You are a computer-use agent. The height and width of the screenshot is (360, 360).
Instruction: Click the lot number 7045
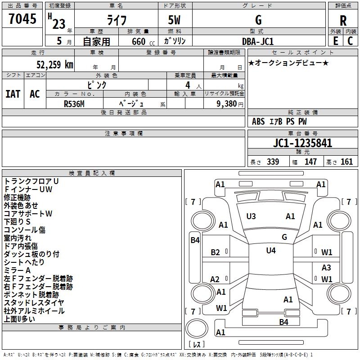click(22, 18)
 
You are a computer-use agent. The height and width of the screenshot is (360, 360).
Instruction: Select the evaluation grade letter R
click(343, 21)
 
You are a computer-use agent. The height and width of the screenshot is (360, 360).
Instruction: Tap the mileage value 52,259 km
click(55, 65)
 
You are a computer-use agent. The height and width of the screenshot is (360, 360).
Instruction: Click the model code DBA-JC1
click(258, 41)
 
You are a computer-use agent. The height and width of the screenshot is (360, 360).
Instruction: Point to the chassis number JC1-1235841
click(302, 143)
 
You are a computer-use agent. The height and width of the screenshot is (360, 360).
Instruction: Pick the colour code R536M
click(74, 104)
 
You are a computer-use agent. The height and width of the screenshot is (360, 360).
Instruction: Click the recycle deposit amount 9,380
click(226, 104)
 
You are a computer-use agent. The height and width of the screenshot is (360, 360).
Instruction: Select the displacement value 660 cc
click(143, 41)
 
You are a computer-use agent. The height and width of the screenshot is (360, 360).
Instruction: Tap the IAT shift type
click(13, 94)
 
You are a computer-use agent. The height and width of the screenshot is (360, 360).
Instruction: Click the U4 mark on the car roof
click(271, 250)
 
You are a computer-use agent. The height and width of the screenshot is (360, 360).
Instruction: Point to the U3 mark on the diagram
click(251, 216)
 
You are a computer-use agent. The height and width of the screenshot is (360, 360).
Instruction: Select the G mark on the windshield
click(284, 237)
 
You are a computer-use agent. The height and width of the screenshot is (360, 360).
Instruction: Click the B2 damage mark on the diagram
click(215, 252)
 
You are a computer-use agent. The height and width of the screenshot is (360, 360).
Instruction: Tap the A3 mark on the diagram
click(326, 267)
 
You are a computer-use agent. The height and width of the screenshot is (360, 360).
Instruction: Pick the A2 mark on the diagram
click(215, 279)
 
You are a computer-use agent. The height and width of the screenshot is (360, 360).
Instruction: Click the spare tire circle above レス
click(197, 328)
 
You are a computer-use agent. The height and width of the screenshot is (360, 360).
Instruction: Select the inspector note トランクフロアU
click(31, 181)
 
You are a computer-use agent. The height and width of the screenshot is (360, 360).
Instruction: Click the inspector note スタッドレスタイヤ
click(34, 302)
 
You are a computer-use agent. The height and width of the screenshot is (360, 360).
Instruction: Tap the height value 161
click(346, 162)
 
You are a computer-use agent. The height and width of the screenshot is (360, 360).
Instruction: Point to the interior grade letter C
click(350, 41)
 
